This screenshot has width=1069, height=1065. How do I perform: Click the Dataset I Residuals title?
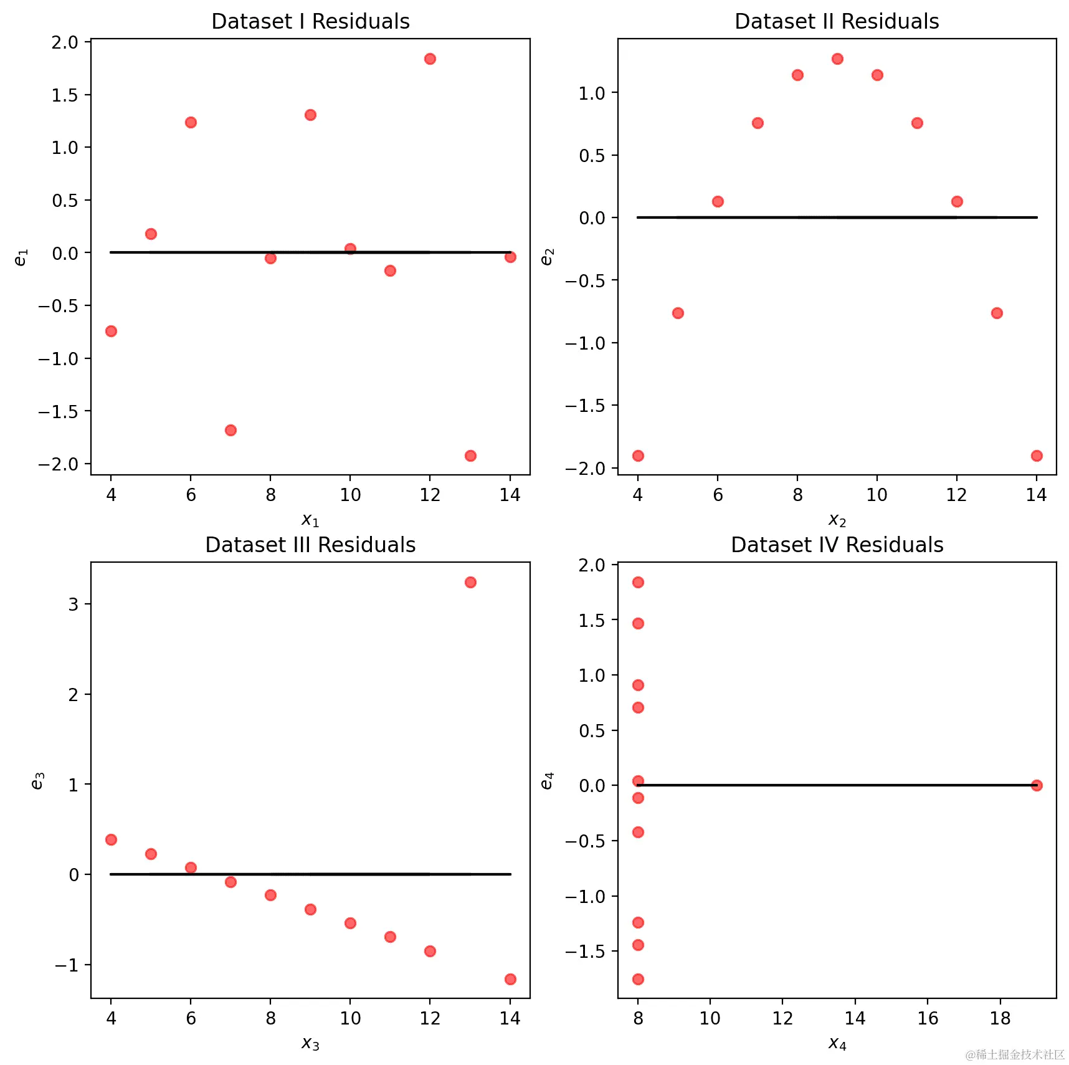click(310, 22)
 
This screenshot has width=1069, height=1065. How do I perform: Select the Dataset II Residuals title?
click(836, 22)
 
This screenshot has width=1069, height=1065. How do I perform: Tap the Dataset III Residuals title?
click(310, 545)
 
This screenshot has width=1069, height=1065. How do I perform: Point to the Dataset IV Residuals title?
click(837, 545)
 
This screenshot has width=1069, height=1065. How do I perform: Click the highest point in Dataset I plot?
click(430, 59)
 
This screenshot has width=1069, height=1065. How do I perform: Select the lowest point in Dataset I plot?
click(470, 456)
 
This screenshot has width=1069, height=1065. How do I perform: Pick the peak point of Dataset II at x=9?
click(837, 59)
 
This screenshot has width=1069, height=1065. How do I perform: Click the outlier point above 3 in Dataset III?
click(470, 582)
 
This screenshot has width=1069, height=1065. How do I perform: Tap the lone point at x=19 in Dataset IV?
click(1036, 785)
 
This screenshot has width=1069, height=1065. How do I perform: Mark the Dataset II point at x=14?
click(1036, 456)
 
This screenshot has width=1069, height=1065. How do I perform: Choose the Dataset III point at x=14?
click(510, 979)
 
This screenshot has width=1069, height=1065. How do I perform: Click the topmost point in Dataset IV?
click(638, 582)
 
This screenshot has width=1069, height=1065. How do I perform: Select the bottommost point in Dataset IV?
click(638, 979)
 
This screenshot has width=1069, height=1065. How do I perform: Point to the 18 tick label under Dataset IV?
click(1000, 1018)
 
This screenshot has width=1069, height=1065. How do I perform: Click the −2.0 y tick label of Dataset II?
click(585, 469)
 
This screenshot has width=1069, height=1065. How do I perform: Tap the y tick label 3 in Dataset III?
click(74, 604)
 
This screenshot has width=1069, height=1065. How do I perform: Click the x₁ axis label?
click(310, 520)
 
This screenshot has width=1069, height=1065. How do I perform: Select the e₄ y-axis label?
click(547, 781)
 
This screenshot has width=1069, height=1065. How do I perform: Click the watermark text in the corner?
click(1015, 1054)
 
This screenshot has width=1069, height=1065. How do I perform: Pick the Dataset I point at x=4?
click(111, 331)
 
